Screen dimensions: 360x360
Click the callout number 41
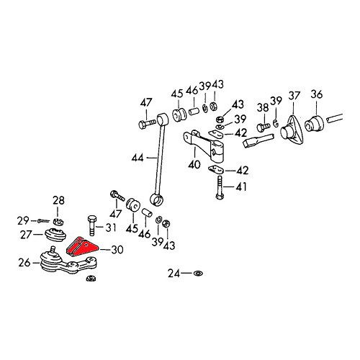(240, 186)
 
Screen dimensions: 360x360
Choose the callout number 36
(316, 96)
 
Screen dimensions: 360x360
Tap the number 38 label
(262, 109)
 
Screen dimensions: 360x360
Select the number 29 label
(24, 220)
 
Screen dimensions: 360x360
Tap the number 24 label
(174, 274)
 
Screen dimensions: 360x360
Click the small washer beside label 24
(197, 274)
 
